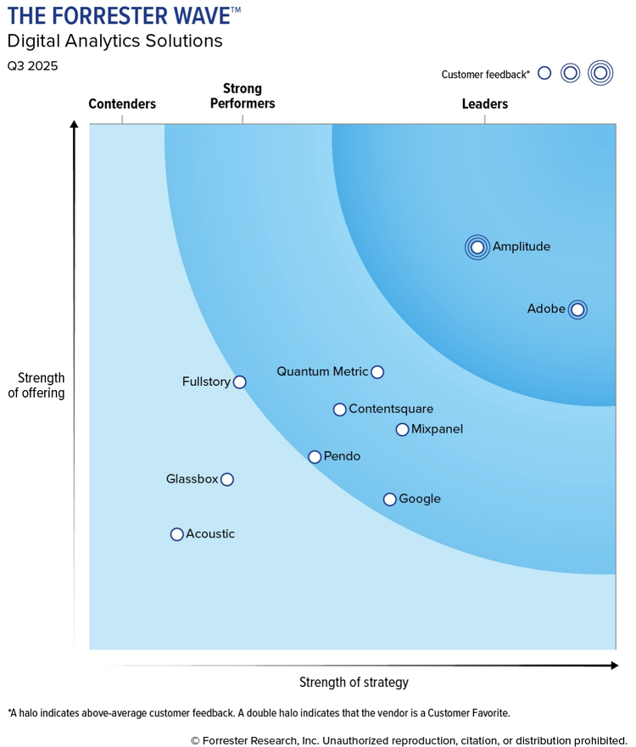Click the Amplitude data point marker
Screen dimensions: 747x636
477,247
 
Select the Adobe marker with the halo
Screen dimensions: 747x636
577,309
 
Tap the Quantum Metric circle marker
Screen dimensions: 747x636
377,371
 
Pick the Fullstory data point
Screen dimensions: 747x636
240,382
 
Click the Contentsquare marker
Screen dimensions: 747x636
340,410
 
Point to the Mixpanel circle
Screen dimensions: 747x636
403,430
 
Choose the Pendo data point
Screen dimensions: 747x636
315,457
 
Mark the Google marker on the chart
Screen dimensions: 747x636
390,499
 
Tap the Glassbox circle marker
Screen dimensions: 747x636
227,480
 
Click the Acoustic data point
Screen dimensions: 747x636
177,534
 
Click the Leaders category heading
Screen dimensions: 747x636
485,104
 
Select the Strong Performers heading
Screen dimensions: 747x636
243,96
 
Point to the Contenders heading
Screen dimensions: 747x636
122,104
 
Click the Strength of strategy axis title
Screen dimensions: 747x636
354,683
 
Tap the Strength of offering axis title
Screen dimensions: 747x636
36,385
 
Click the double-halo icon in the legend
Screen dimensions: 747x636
600,74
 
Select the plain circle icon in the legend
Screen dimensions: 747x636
544,74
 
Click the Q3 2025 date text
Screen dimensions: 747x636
32,66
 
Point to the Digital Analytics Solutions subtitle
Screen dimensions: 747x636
114,41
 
